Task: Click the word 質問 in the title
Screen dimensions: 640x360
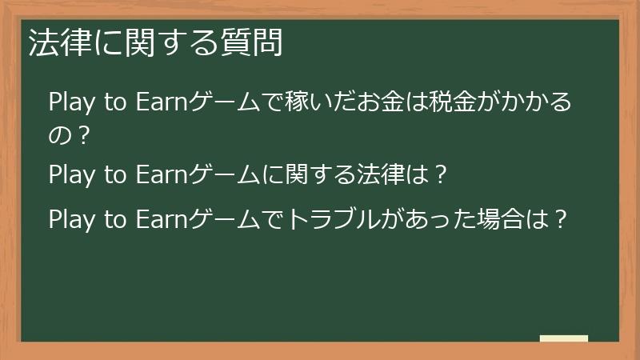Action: point(252,42)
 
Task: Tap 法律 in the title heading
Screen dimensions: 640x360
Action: point(59,42)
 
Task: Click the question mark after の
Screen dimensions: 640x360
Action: point(83,136)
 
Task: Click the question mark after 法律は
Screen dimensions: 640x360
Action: point(440,174)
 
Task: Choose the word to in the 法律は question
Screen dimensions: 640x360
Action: point(115,175)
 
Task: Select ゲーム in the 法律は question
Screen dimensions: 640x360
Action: point(224,174)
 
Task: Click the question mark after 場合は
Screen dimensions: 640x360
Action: point(561,219)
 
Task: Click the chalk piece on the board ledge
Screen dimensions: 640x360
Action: point(564,338)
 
